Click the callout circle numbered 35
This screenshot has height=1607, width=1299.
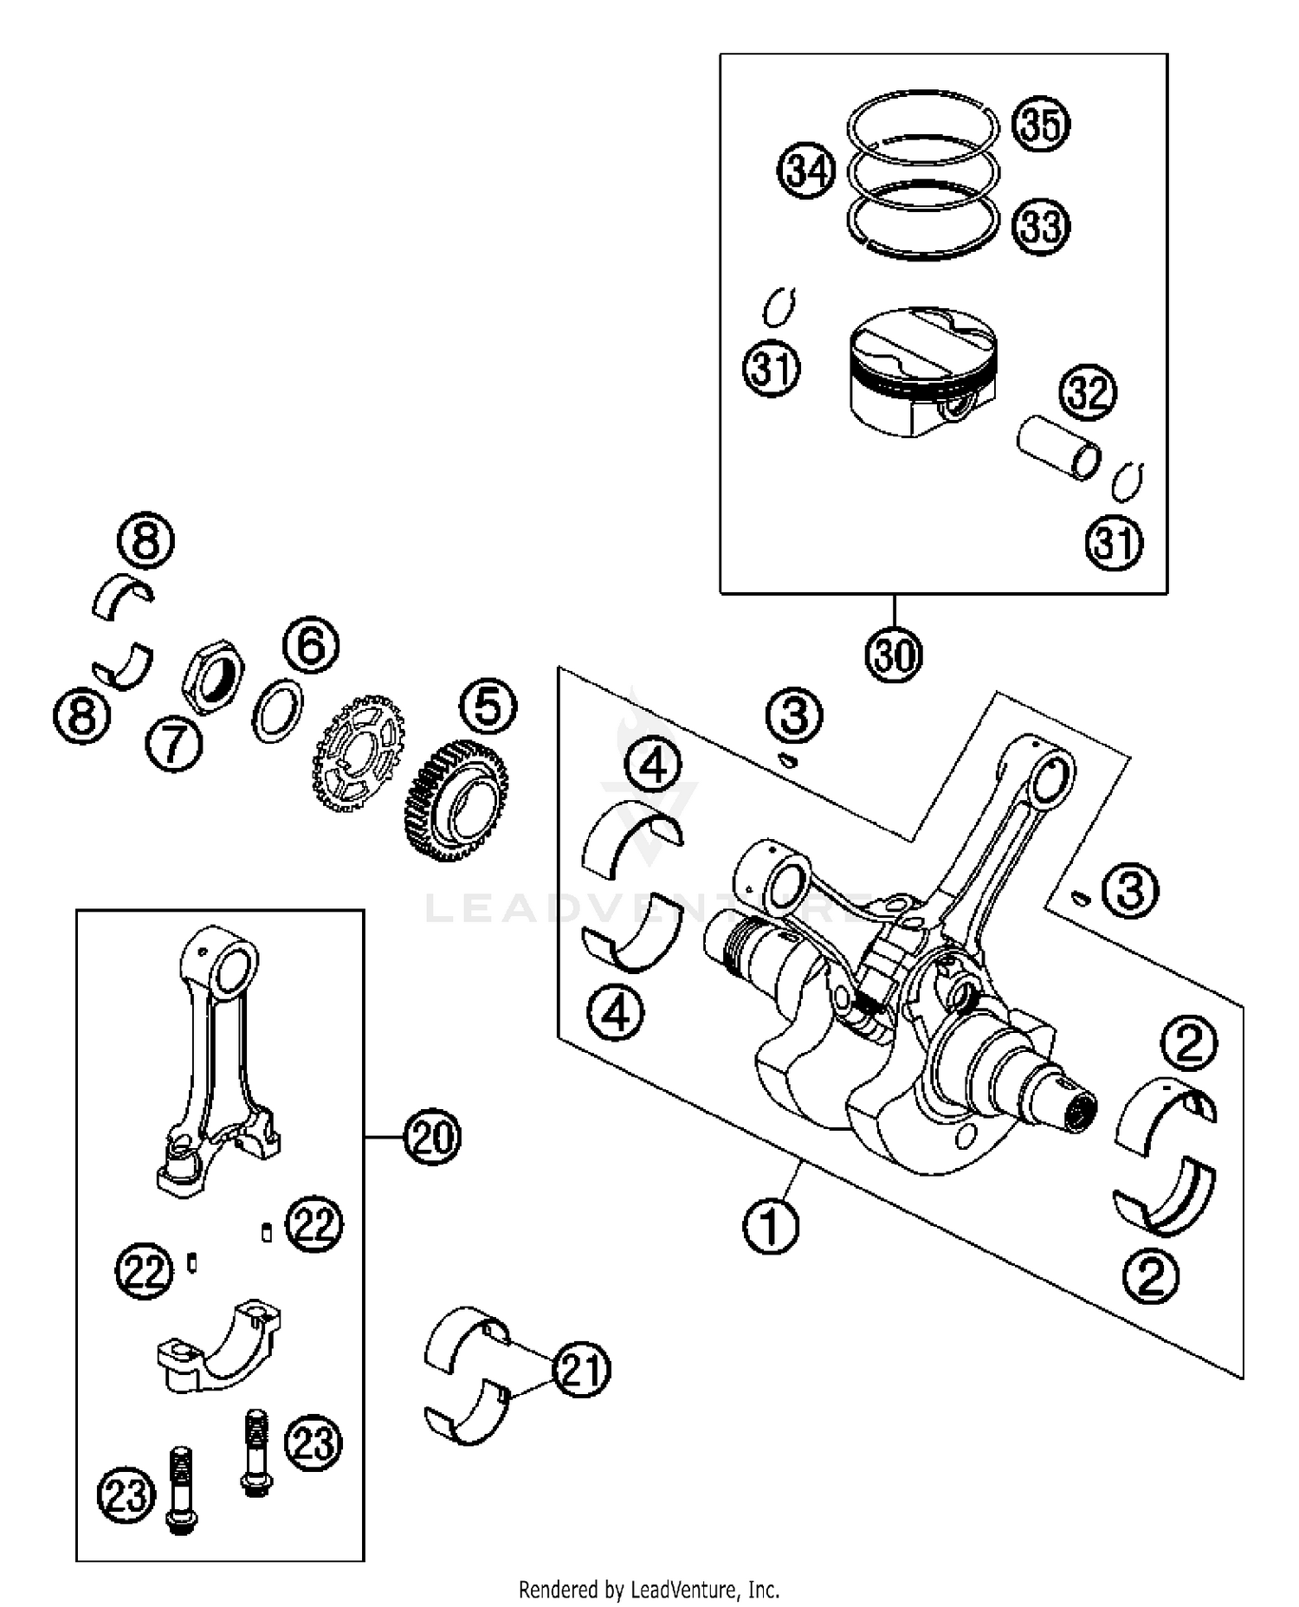[1041, 125]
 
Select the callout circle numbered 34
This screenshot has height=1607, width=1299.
[805, 171]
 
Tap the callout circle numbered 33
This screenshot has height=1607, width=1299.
[1041, 226]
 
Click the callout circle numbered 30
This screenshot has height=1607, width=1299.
[894, 655]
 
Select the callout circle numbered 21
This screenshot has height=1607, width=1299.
[581, 1370]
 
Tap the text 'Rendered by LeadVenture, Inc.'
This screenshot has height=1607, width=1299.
[649, 1590]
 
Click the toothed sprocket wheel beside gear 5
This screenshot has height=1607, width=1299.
[359, 751]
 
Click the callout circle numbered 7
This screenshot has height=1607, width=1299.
[173, 744]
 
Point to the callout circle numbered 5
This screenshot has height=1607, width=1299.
[488, 707]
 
